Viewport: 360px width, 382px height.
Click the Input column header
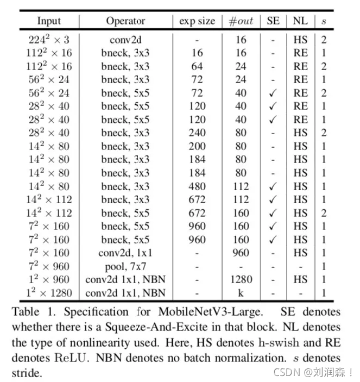(49, 21)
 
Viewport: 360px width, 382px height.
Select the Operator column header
(125, 21)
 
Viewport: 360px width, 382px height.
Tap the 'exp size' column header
(197, 21)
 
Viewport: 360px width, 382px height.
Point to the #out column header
(241, 21)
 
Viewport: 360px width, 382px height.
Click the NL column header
(300, 21)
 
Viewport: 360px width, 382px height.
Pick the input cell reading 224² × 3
(49, 40)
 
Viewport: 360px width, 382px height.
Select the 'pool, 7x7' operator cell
(125, 266)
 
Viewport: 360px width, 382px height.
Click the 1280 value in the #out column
(241, 280)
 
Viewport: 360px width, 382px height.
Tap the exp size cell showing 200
(197, 146)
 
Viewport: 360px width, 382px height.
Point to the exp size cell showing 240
(197, 133)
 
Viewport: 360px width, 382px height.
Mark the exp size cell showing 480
(197, 186)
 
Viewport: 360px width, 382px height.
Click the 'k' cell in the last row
(241, 293)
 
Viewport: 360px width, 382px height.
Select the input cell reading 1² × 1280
(49, 293)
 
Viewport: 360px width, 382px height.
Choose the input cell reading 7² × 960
(49, 266)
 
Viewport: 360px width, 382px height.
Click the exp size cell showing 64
(197, 66)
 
